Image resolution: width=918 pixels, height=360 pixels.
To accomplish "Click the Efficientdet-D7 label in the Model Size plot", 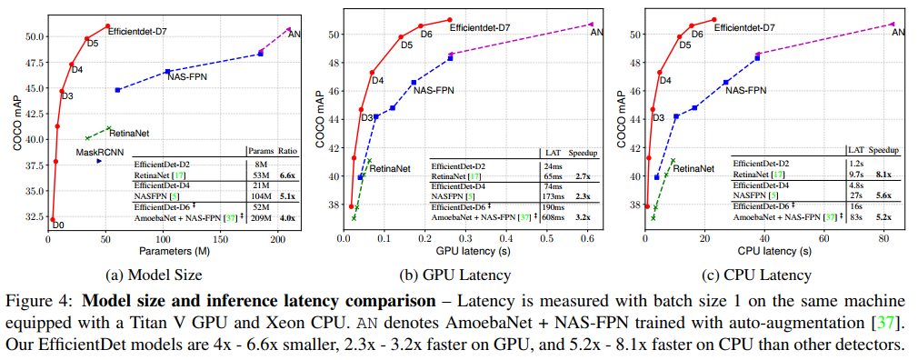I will click(x=137, y=32).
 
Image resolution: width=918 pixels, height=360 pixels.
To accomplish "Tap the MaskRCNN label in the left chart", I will click(x=99, y=152).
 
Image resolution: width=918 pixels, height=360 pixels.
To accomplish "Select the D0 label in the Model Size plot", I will click(x=57, y=225).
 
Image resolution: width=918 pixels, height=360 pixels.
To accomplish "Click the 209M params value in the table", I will click(x=261, y=217).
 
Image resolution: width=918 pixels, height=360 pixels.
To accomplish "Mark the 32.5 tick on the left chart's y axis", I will click(x=32, y=216).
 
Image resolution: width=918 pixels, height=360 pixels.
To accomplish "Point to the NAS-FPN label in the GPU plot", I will click(x=434, y=90).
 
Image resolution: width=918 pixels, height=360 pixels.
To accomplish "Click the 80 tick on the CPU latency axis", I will click(x=883, y=238).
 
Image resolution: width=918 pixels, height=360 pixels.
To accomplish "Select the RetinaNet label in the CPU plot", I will click(x=693, y=168).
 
